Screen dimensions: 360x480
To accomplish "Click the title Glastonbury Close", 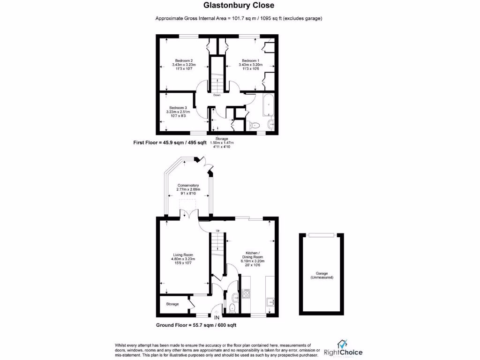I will click(x=239, y=6).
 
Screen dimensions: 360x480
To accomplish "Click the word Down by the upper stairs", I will click(x=217, y=95).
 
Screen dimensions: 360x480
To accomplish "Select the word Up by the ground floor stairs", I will click(x=217, y=231).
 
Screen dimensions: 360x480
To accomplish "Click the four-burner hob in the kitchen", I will click(x=246, y=294).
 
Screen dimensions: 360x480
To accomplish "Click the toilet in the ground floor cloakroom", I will click(x=232, y=307).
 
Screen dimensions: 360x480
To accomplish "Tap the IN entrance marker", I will click(x=217, y=318).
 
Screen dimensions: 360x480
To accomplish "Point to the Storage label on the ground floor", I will click(x=172, y=304).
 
